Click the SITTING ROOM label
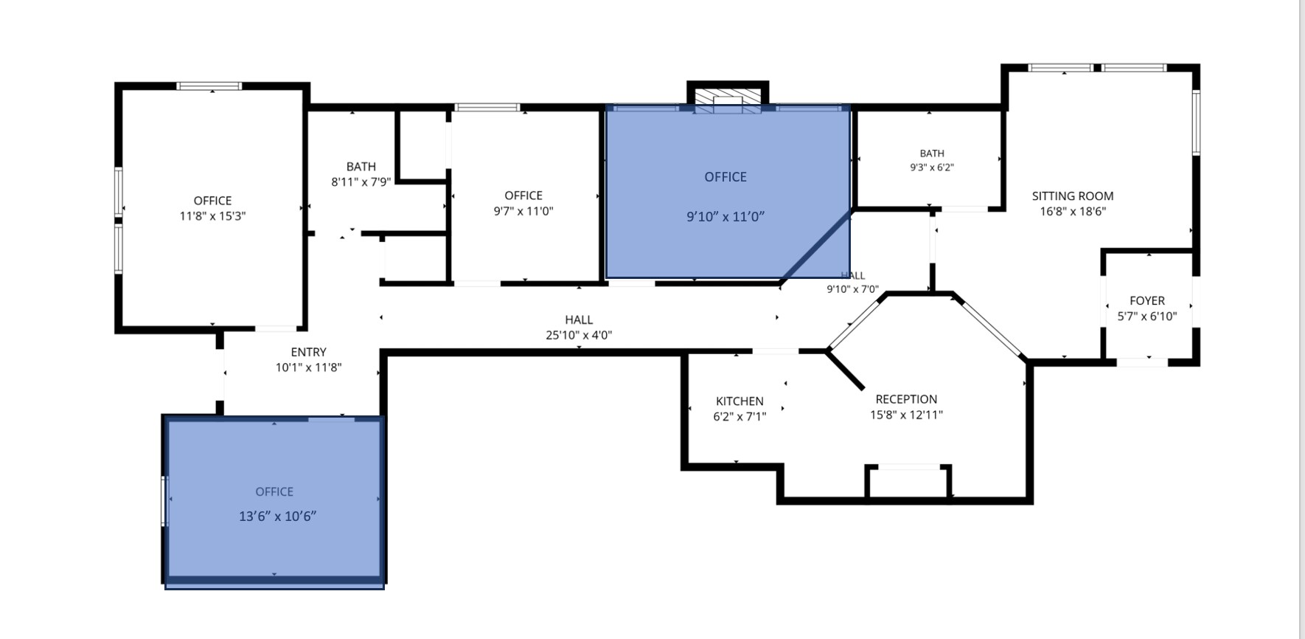1072,196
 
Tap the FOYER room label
1147,300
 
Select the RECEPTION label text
906,399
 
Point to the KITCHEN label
739,401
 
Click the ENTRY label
308,352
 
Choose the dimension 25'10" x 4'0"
579,335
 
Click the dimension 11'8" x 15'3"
212,216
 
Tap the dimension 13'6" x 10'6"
277,517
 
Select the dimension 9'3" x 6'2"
932,167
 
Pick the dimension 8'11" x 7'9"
361,182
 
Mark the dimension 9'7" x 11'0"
523,211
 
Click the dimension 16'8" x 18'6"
1073,211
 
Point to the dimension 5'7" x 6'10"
1147,316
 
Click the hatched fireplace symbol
728,102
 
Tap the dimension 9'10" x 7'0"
852,289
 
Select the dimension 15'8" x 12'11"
906,415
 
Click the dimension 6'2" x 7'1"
739,417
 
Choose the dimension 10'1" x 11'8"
308,367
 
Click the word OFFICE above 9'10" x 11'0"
725,177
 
